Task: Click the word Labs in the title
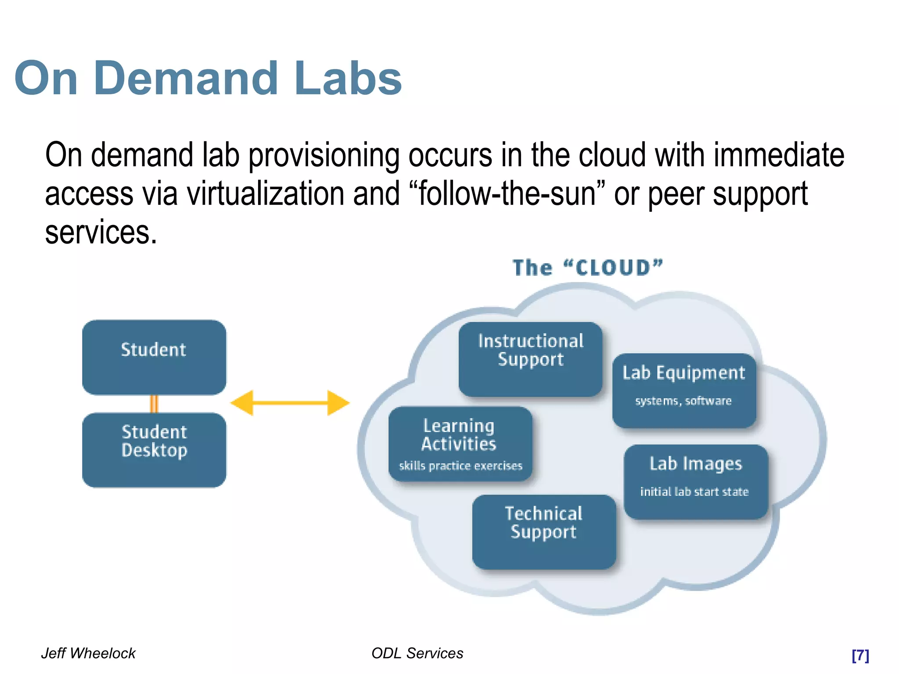[x=348, y=79]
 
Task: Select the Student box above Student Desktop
[x=154, y=357]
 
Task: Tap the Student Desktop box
[x=154, y=449]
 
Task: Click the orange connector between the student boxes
[x=154, y=404]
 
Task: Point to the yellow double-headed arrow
[x=290, y=403]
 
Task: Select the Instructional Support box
[x=530, y=359]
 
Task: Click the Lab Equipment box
[x=684, y=390]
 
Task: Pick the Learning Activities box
[x=460, y=443]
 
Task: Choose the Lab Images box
[x=696, y=481]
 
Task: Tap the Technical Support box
[x=544, y=531]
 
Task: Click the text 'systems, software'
[x=683, y=401]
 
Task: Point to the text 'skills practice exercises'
[x=460, y=466]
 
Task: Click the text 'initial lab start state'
[x=694, y=492]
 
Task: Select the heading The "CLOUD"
[x=587, y=268]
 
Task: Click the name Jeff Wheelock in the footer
[x=88, y=653]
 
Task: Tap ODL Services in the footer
[x=417, y=653]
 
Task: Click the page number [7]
[x=860, y=655]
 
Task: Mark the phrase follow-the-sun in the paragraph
[x=507, y=194]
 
